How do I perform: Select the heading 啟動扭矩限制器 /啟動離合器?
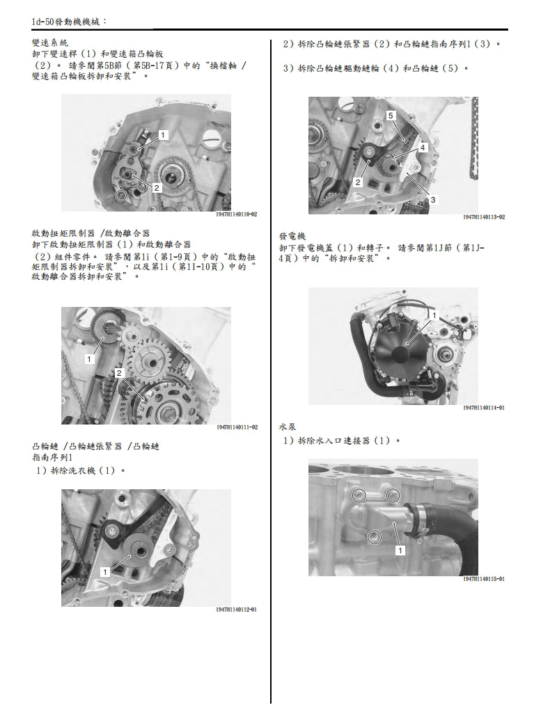tap(91, 232)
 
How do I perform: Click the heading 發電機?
tap(292, 237)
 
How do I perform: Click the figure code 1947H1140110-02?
tap(237, 215)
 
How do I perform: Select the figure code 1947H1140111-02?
tap(237, 427)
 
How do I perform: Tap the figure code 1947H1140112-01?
tap(237, 610)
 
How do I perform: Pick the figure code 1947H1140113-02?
tap(484, 217)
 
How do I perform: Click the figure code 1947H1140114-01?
tap(484, 407)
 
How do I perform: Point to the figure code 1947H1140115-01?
tap(484, 579)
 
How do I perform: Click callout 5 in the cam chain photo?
tap(391, 115)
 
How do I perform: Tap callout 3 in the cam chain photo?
tap(433, 200)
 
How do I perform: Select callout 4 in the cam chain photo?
tap(422, 148)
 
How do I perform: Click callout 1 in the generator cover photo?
tap(434, 316)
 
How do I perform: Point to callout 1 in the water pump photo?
tap(400, 550)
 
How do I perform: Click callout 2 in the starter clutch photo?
tap(119, 374)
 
